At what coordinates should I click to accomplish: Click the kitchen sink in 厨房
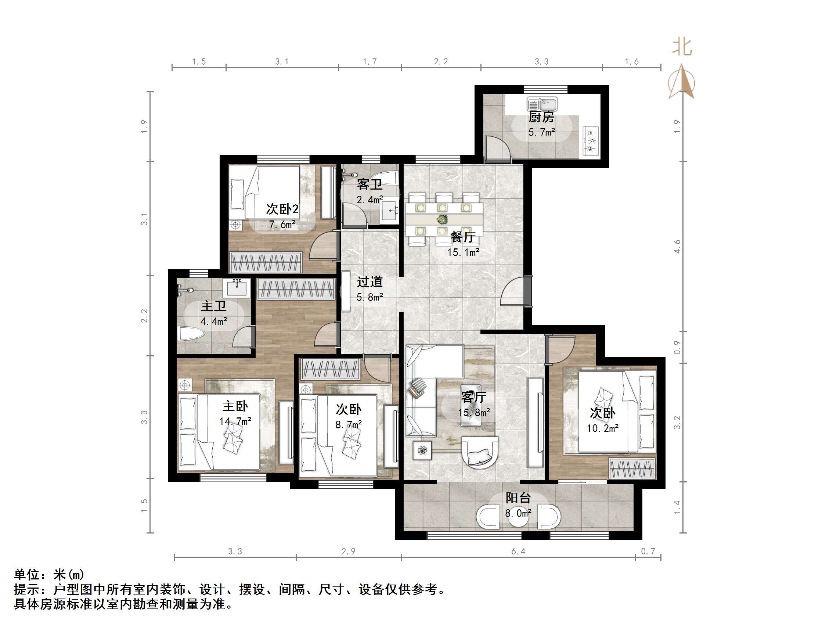(542, 104)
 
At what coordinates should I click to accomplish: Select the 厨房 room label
(541, 118)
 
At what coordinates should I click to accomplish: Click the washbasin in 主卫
(237, 288)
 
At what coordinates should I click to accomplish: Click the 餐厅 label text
(463, 237)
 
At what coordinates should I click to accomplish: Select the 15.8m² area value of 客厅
(474, 413)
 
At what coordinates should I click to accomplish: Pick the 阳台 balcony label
(518, 498)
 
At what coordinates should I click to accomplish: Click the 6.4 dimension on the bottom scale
(518, 552)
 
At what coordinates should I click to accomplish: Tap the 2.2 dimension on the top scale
(441, 62)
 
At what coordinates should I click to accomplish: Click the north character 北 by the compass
(682, 47)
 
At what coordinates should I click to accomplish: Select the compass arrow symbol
(682, 82)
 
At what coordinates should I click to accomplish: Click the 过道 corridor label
(369, 282)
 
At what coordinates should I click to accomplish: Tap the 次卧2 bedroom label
(282, 209)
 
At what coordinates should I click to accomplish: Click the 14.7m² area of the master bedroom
(235, 421)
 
